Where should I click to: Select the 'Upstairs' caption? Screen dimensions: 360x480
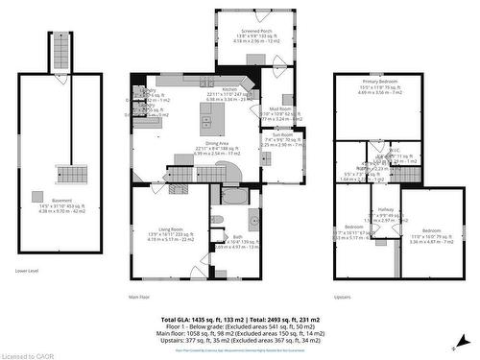(343, 297)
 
